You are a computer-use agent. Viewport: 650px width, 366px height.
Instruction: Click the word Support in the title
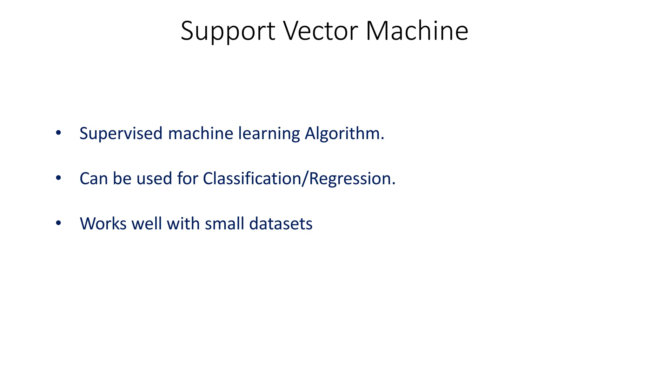tap(228, 31)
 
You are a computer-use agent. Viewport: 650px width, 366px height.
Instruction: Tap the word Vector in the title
tap(320, 31)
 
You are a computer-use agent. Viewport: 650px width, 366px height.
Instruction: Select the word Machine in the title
tap(417, 31)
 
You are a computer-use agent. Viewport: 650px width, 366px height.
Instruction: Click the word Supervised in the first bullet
tap(121, 133)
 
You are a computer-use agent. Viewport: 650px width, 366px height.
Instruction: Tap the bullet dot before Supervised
tap(58, 133)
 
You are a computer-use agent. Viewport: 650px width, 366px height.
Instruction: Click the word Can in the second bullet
tap(94, 179)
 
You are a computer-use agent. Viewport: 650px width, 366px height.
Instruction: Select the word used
tap(154, 179)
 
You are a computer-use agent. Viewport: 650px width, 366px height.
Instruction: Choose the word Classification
tap(252, 179)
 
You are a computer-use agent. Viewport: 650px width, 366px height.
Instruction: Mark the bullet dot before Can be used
tap(58, 178)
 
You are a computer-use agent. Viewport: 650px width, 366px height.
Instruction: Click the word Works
tap(103, 224)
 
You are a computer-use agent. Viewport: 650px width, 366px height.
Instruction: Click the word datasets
tap(281, 224)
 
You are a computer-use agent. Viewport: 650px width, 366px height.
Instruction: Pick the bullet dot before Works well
tap(58, 223)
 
